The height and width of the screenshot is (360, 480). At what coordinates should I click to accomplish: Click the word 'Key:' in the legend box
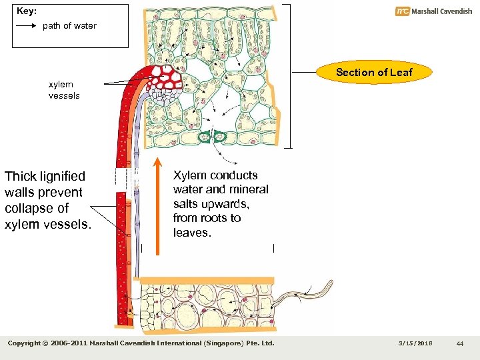pyautogui.click(x=26, y=11)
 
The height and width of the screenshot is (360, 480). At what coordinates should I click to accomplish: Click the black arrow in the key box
pyautogui.click(x=26, y=26)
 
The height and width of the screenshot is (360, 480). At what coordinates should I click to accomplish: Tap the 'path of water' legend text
pyautogui.click(x=69, y=26)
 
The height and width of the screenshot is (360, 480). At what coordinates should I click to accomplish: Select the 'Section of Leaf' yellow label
pyautogui.click(x=374, y=72)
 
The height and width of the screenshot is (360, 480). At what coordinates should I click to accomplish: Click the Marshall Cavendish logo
pyautogui.click(x=433, y=11)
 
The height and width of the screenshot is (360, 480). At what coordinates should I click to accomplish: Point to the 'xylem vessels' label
pyautogui.click(x=63, y=90)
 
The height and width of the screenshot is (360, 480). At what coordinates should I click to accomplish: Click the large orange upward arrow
pyautogui.click(x=157, y=207)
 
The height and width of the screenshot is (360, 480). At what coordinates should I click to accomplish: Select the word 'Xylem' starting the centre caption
pyautogui.click(x=190, y=175)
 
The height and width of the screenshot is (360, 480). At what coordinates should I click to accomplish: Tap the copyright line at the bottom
pyautogui.click(x=141, y=343)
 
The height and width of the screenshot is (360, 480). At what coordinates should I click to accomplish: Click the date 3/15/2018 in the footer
pyautogui.click(x=415, y=343)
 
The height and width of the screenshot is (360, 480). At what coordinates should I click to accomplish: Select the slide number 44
pyautogui.click(x=460, y=343)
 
